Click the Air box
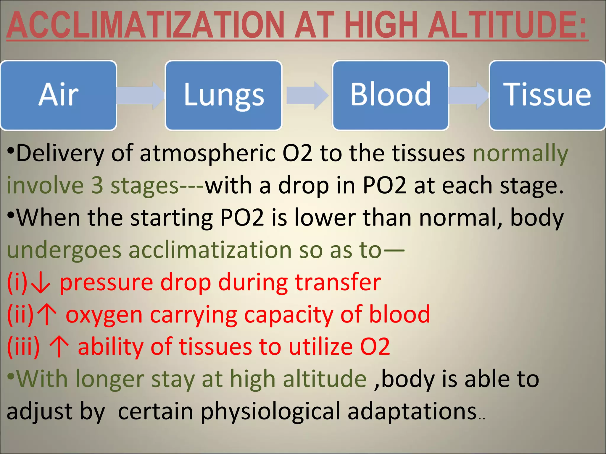pyautogui.click(x=59, y=95)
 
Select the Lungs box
pyautogui.click(x=223, y=95)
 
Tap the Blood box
pyautogui.click(x=391, y=95)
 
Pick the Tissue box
pyautogui.click(x=547, y=95)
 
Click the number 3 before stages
pyautogui.click(x=97, y=186)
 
